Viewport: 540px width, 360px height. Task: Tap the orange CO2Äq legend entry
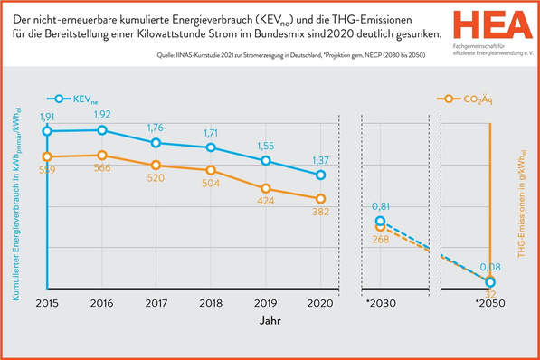coord(464,98)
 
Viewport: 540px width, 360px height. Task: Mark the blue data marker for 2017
coord(156,143)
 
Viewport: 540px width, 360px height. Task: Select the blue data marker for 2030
coord(380,221)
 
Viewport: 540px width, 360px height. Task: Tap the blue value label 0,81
coord(380,207)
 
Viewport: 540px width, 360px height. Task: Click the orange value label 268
coord(380,240)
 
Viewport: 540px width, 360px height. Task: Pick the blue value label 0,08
coord(489,268)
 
